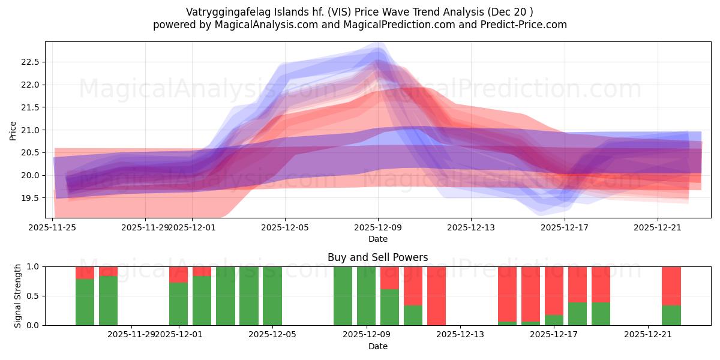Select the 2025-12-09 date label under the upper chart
pyautogui.click(x=378, y=227)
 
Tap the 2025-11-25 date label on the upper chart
pyautogui.click(x=53, y=227)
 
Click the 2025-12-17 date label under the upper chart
pyautogui.click(x=565, y=227)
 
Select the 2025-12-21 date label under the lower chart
pyautogui.click(x=649, y=335)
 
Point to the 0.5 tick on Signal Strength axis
pyautogui.click(x=34, y=296)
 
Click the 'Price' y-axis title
pyautogui.click(x=13, y=130)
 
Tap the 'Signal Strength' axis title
pyautogui.click(x=18, y=296)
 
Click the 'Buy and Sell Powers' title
pyautogui.click(x=377, y=257)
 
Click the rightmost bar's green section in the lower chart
pyautogui.click(x=671, y=315)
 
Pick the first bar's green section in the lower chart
pyautogui.click(x=85, y=302)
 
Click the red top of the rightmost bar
pyautogui.click(x=671, y=286)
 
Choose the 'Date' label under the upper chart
pyautogui.click(x=377, y=239)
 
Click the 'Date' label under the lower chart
pyautogui.click(x=377, y=346)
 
